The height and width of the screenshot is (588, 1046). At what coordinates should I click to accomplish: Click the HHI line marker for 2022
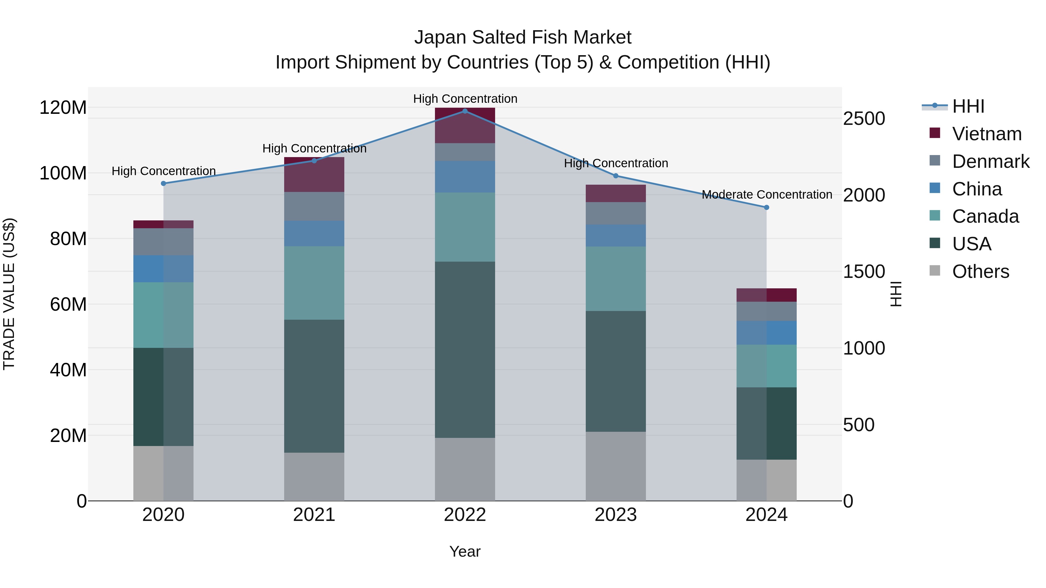(465, 111)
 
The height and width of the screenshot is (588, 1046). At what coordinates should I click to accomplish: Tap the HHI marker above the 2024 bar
(766, 207)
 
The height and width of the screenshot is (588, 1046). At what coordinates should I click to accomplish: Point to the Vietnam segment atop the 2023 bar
(616, 194)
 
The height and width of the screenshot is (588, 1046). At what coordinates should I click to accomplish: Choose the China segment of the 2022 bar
(465, 177)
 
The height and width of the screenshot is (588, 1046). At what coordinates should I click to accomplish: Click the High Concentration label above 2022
(465, 99)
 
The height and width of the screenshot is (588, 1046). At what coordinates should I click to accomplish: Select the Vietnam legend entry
(987, 134)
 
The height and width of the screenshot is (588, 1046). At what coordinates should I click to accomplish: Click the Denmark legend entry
(991, 161)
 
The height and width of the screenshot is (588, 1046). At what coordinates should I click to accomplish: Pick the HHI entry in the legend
(968, 106)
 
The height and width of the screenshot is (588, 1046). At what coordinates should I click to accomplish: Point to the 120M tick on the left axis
(63, 108)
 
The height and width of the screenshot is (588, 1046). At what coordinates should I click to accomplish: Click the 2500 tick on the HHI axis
(864, 119)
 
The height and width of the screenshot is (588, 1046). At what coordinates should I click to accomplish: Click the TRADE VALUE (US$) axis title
(9, 294)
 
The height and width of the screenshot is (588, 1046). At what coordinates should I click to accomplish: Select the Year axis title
(465, 551)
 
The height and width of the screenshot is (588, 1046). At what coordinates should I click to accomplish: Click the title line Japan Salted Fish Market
(523, 37)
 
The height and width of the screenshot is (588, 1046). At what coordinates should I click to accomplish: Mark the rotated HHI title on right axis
(896, 294)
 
